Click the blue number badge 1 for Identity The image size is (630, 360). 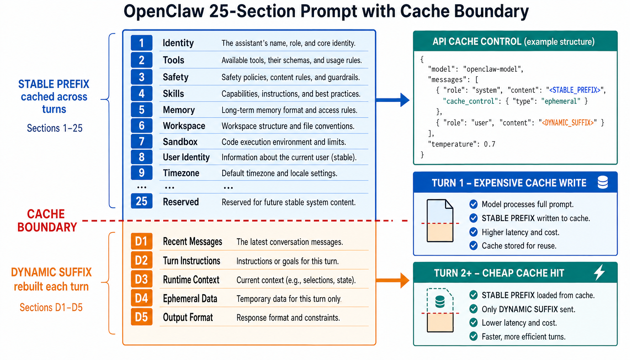click(x=141, y=43)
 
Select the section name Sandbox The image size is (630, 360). click(x=180, y=142)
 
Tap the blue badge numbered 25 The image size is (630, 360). click(x=141, y=201)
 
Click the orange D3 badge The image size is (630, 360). click(x=141, y=279)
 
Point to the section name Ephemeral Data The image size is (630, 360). click(x=190, y=298)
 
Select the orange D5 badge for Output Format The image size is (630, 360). click(x=141, y=317)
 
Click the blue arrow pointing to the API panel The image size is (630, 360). click(x=393, y=100)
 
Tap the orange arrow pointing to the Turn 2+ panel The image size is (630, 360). click(x=393, y=280)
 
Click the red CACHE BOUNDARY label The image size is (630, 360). click(x=47, y=220)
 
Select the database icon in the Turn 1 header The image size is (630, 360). click(x=603, y=182)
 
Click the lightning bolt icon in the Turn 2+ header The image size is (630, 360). click(x=599, y=272)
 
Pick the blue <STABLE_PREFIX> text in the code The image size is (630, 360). click(x=575, y=90)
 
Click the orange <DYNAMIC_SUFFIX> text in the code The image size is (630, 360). click(x=568, y=123)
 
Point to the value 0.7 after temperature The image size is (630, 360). click(x=489, y=144)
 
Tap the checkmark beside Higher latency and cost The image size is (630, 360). click(x=474, y=232)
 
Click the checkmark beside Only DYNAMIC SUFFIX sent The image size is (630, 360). click(x=474, y=309)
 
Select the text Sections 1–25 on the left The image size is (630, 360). click(x=54, y=128)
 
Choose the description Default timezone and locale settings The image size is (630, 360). click(x=279, y=173)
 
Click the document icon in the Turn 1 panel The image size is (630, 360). click(x=440, y=220)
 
